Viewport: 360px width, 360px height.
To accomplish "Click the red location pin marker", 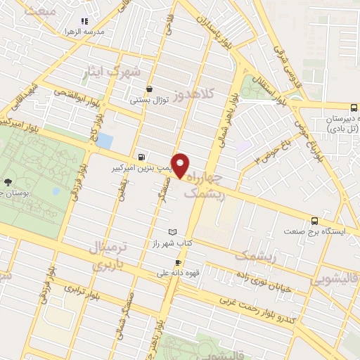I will pyautogui.click(x=181, y=165).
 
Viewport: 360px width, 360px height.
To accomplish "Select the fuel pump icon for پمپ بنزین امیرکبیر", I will pyautogui.click(x=143, y=157).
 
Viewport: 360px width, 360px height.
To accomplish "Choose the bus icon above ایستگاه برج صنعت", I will pyautogui.click(x=316, y=219).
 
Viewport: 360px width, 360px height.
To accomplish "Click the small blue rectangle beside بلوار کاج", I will pyautogui.click(x=104, y=141).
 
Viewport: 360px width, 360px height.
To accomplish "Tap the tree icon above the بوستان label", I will pyautogui.click(x=8, y=180).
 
